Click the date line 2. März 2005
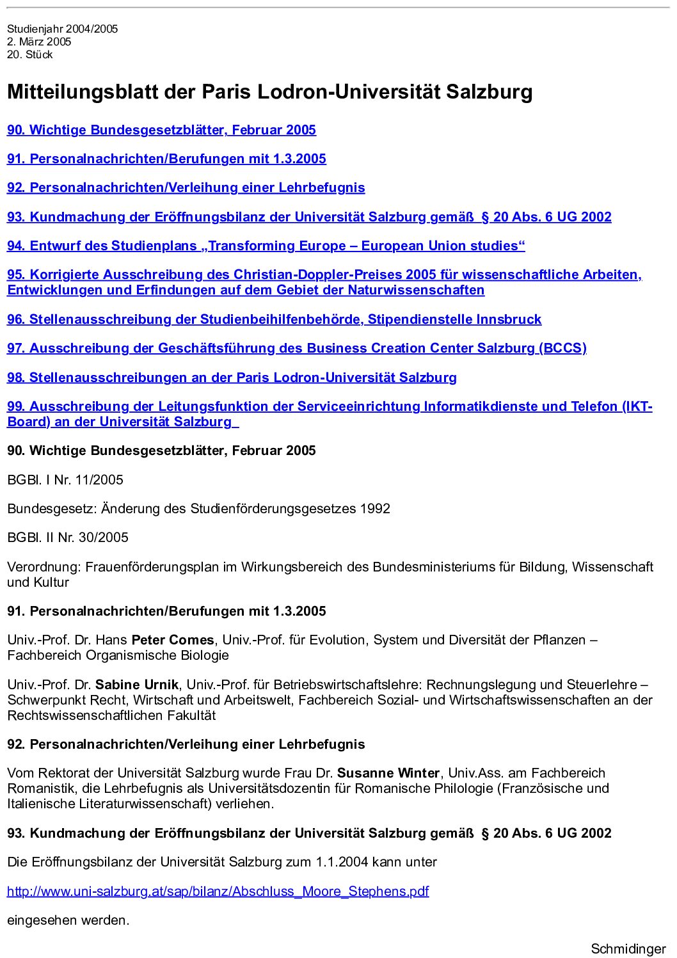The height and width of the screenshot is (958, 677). (39, 42)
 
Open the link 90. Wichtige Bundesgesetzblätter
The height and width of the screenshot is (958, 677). (161, 130)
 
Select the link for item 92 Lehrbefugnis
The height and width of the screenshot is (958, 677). (186, 188)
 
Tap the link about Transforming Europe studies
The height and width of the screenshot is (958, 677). (266, 246)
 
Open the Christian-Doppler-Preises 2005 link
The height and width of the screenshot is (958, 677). (324, 275)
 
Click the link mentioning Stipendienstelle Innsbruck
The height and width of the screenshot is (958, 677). (274, 319)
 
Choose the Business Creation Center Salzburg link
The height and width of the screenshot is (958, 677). (296, 348)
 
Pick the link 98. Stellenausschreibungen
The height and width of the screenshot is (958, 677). (232, 378)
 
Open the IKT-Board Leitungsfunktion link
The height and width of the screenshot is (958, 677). (329, 406)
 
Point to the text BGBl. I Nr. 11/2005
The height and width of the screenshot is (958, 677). (65, 480)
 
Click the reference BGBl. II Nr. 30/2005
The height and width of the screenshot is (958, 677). (68, 538)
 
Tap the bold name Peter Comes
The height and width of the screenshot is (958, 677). (173, 640)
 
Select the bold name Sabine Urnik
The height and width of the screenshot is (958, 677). (137, 685)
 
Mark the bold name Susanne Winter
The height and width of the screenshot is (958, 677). (388, 773)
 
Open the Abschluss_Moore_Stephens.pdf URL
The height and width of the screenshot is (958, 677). (218, 891)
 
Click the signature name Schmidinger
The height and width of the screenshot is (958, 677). (628, 949)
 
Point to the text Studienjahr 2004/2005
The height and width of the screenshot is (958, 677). (63, 29)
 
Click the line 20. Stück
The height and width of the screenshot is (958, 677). (30, 54)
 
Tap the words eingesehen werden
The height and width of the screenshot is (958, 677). (68, 920)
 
